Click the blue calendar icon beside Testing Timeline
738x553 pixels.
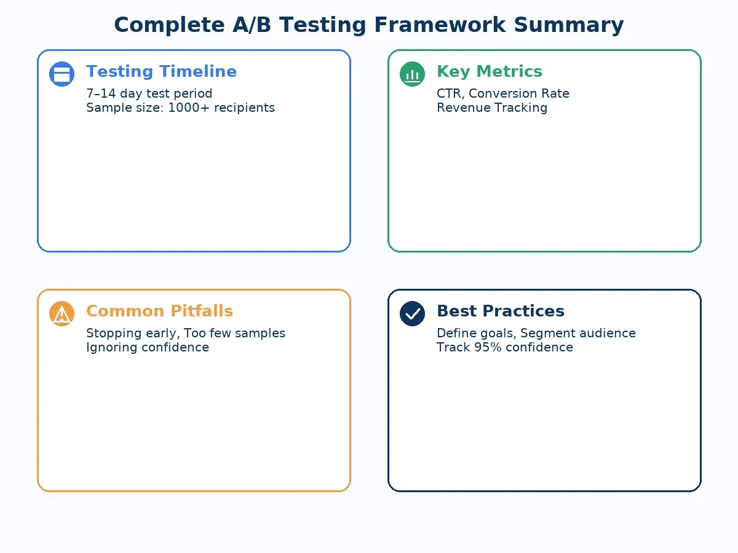pos(61,74)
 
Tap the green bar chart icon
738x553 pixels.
pos(412,74)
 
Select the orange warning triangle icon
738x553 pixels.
pos(61,313)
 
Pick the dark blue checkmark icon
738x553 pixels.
pos(412,313)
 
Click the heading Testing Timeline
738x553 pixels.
pos(161,71)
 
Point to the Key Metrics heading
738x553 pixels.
pos(489,71)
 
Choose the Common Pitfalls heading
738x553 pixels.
pos(159,311)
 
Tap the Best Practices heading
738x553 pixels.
pos(500,311)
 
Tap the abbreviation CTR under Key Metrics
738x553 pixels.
pos(450,93)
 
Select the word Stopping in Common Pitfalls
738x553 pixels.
pos(111,333)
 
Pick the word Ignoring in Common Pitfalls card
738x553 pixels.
pos(111,347)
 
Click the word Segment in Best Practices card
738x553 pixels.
pos(545,333)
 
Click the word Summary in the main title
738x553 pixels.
pos(568,25)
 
